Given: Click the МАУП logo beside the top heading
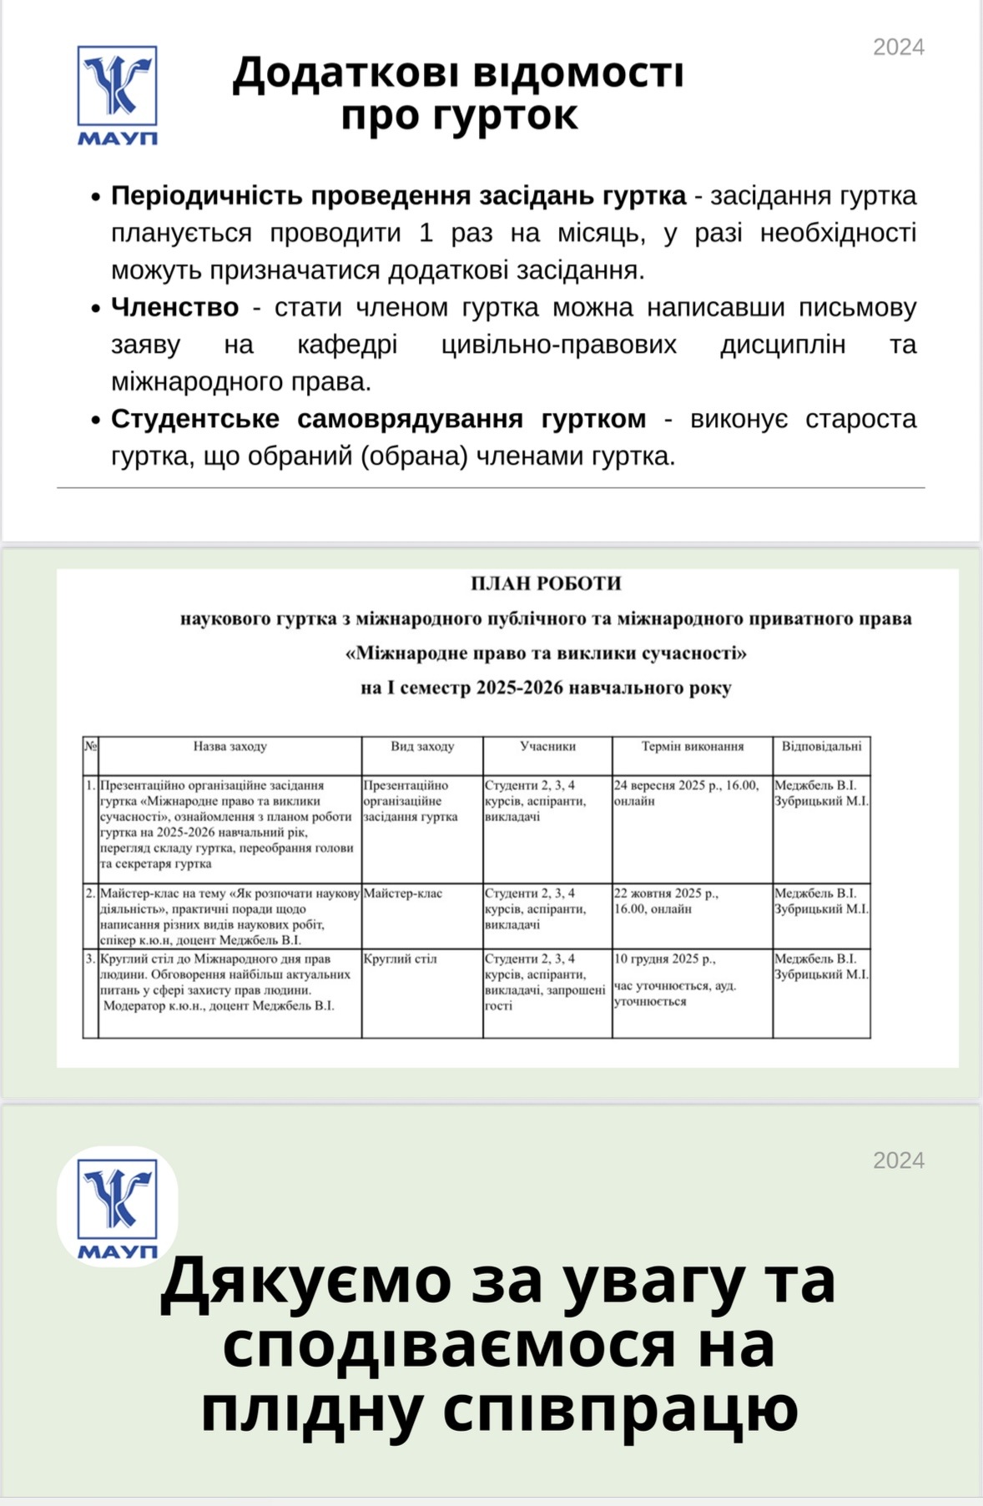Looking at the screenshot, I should [118, 94].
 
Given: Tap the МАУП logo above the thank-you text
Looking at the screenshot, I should [118, 1206].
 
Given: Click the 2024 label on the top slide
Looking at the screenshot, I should [898, 48].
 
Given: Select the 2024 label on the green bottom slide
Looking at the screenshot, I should [898, 1161].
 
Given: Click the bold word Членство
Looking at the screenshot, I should [174, 308].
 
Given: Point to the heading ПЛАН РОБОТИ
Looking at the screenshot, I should [546, 583].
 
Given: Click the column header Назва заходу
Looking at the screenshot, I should [229, 746].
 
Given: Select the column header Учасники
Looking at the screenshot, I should [547, 746].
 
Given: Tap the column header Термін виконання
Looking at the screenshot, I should [692, 746].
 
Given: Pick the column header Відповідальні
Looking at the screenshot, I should [821, 746].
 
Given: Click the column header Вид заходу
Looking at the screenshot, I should [422, 746].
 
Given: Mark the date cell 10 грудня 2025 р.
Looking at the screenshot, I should [664, 959].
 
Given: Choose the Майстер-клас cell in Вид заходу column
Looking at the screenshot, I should [403, 894].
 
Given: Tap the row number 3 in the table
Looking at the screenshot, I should [90, 959].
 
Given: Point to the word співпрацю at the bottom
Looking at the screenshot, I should [620, 1409].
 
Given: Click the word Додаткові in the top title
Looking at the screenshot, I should [345, 73].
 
